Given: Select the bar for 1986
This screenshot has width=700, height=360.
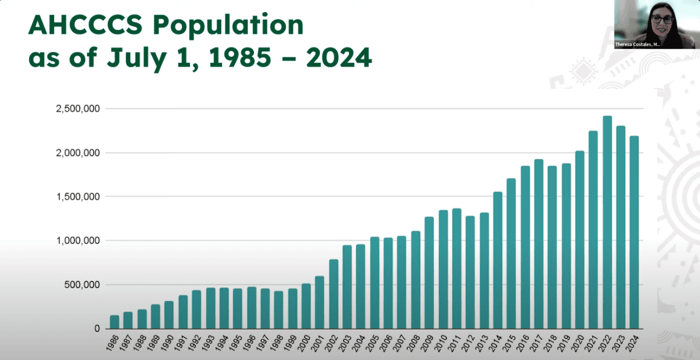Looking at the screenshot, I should tap(115, 322).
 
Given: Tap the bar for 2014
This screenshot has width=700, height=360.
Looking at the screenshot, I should tap(498, 260).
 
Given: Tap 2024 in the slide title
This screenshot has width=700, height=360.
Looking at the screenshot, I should tap(339, 58).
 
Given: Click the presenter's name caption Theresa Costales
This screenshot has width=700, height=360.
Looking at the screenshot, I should tap(638, 44).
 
